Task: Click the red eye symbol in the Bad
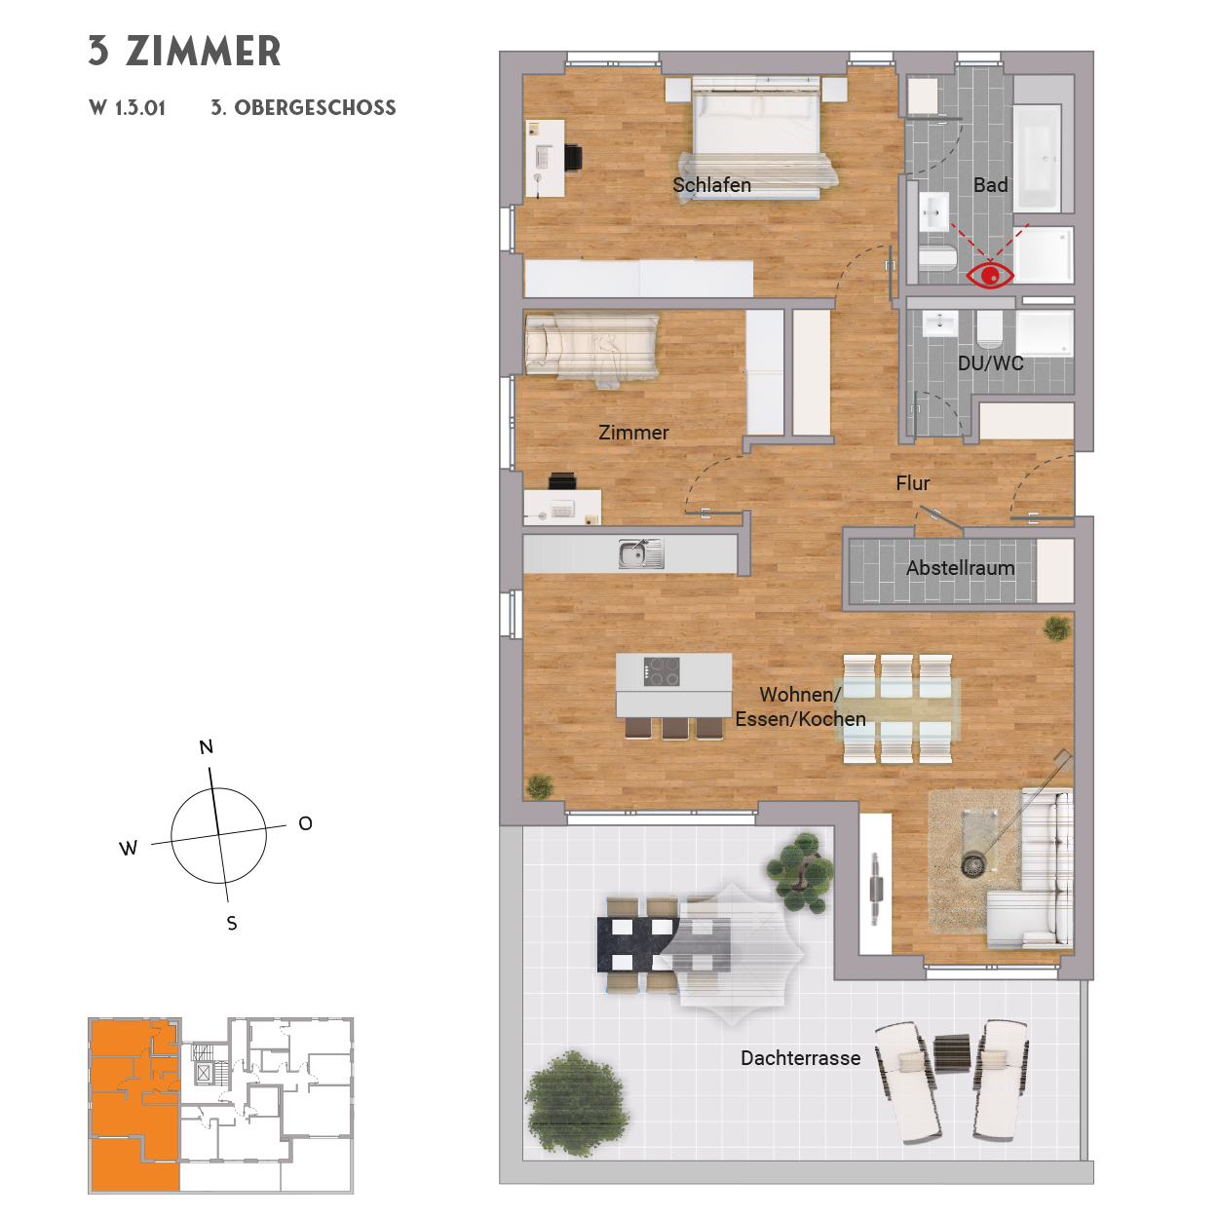pyautogui.click(x=990, y=276)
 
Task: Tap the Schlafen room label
pyautogui.click(x=711, y=185)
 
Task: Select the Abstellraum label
pyautogui.click(x=960, y=568)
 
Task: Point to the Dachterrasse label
pyautogui.click(x=800, y=1058)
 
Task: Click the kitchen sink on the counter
pyautogui.click(x=641, y=553)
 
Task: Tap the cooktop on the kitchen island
pyautogui.click(x=662, y=670)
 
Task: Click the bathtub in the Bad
pyautogui.click(x=1037, y=158)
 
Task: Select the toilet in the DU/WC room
pyautogui.click(x=989, y=328)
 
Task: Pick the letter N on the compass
pyautogui.click(x=206, y=747)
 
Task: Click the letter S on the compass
pyautogui.click(x=232, y=924)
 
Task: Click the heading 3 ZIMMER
pyautogui.click(x=184, y=52)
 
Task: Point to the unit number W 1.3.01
pyautogui.click(x=127, y=107)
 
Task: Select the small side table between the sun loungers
pyautogui.click(x=952, y=1052)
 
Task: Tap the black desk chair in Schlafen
pyautogui.click(x=131, y=158)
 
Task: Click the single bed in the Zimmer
pyautogui.click(x=591, y=347)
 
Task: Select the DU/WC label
pyautogui.click(x=990, y=363)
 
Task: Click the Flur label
pyautogui.click(x=913, y=483)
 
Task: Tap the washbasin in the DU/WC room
pyautogui.click(x=940, y=324)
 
